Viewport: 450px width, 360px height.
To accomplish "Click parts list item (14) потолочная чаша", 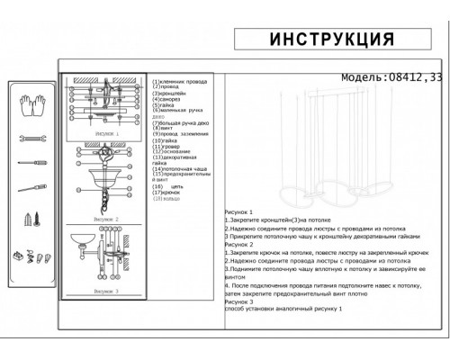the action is coord(181,169).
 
